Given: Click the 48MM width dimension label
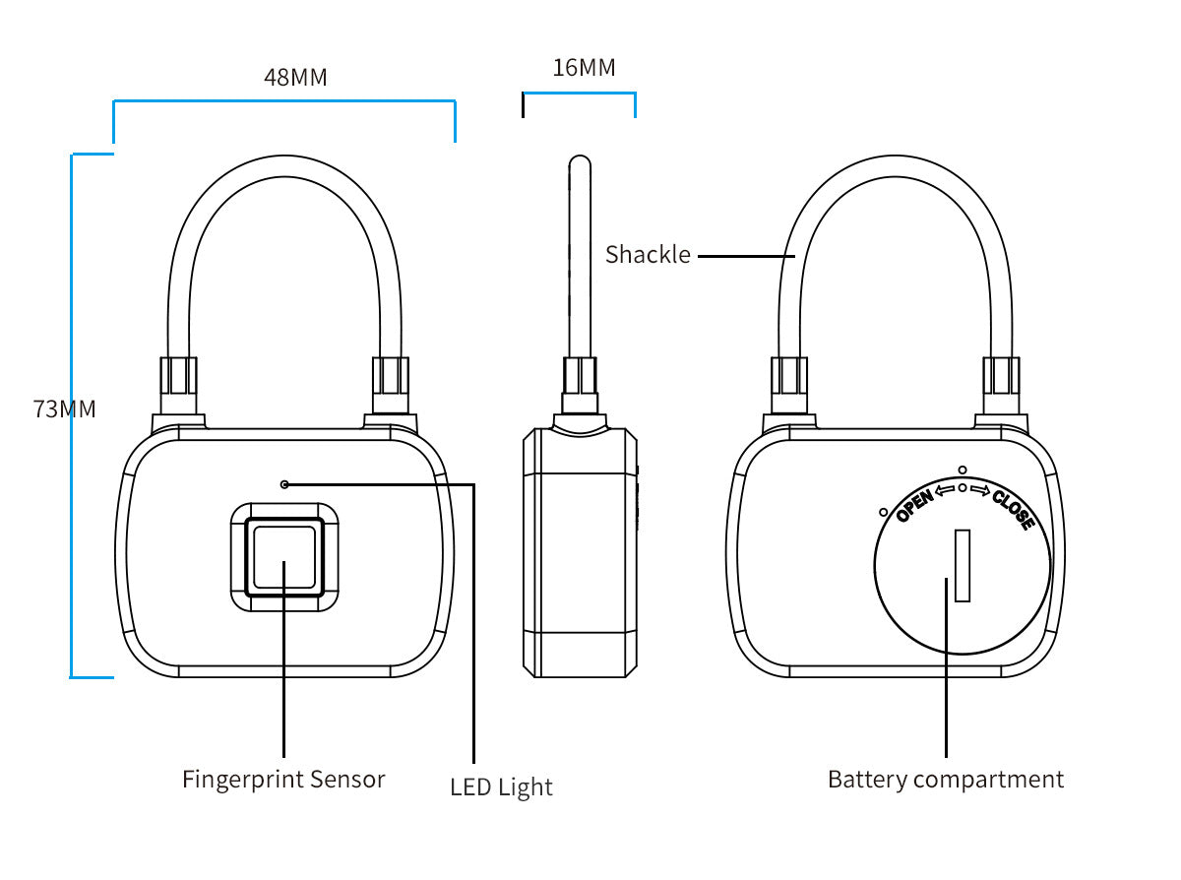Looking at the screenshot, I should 295,77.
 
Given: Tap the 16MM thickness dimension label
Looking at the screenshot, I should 584,68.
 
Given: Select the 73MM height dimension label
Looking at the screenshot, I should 65,409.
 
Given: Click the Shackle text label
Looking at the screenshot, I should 648,255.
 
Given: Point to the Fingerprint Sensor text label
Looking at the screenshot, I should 283,780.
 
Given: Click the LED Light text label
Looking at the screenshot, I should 501,787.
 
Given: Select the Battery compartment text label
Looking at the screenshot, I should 945,780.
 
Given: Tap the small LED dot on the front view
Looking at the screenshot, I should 284,484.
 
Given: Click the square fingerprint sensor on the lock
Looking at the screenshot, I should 284,557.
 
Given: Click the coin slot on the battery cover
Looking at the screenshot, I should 963,565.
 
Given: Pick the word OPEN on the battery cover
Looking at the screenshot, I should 914,504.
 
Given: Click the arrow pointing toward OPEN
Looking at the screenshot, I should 945,489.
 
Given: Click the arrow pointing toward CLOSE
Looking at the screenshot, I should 979,489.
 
